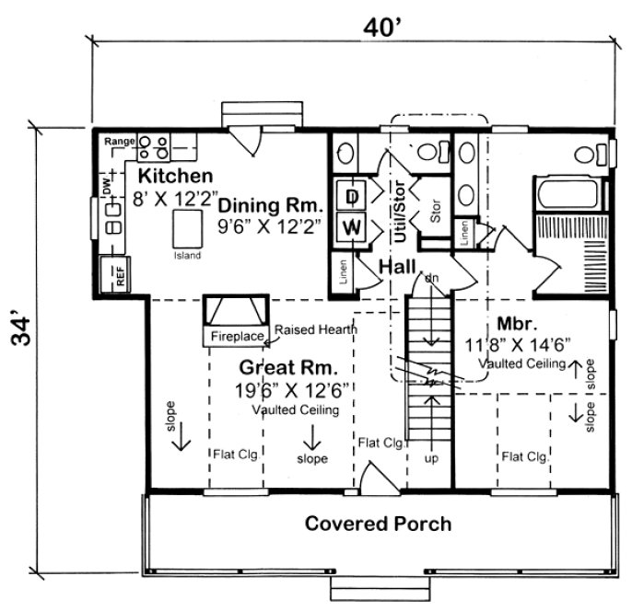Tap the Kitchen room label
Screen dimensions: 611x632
coord(176,175)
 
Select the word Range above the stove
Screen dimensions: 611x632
coord(119,141)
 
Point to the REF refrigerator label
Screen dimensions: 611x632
coord(119,275)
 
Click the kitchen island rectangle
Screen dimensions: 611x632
coord(186,225)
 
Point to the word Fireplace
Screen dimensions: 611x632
coord(237,336)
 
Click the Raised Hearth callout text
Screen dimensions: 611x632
coord(316,329)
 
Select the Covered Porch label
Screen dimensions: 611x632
coord(379,525)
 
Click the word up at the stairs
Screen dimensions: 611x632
coord(428,456)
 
